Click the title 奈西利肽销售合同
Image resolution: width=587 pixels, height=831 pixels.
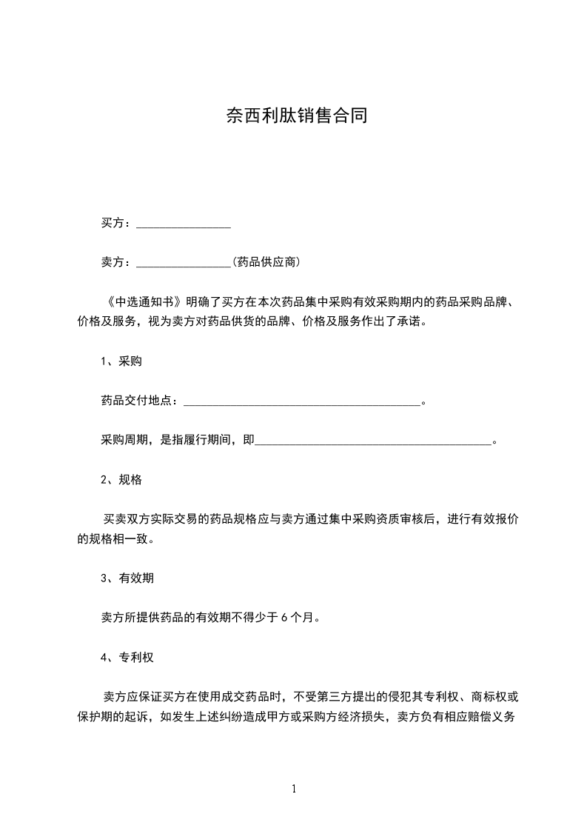point(296,116)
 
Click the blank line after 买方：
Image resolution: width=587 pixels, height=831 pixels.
point(184,224)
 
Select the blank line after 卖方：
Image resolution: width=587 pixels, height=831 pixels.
point(184,263)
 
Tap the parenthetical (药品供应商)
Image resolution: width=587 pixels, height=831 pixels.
point(266,262)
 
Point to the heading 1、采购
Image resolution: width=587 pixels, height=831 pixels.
point(121,362)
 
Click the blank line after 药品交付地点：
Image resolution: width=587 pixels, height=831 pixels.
point(301,402)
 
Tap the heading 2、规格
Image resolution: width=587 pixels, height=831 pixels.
point(121,480)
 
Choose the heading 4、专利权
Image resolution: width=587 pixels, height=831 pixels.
point(127,657)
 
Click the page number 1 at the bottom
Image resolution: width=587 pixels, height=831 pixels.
point(294,789)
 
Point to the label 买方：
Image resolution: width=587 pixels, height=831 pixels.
point(117,223)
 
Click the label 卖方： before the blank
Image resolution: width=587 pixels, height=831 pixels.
point(117,262)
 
